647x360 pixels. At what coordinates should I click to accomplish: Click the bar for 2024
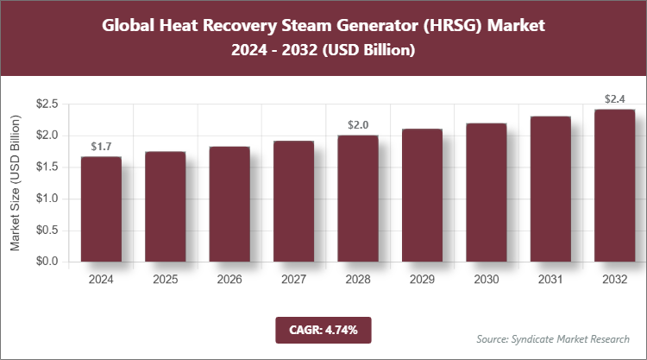101,209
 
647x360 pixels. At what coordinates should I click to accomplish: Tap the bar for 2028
357,198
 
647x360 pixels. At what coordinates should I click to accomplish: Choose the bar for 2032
614,185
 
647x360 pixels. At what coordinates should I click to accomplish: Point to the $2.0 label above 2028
357,125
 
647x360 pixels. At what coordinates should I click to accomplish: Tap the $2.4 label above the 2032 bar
614,98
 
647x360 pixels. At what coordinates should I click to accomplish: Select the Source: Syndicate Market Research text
552,338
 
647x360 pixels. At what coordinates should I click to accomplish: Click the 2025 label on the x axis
165,280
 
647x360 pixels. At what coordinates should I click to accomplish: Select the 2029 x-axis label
421,280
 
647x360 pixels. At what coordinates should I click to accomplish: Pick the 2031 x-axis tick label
550,280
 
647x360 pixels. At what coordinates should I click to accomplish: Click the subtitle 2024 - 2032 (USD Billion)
323,51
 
